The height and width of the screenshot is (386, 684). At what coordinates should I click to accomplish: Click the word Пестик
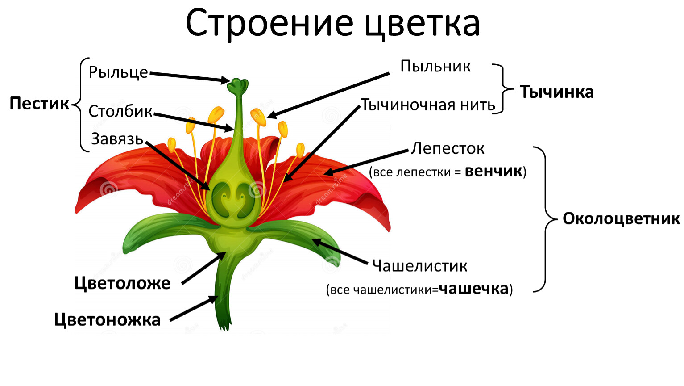pos(39,103)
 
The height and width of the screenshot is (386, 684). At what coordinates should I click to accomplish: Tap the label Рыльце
pos(118,72)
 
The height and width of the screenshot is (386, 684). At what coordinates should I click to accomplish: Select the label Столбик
pos(120,111)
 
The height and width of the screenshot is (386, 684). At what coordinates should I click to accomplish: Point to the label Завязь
pos(117,139)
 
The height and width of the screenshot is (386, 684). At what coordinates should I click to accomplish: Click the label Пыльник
pos(435,66)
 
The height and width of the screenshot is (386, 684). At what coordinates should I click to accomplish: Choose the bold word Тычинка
pos(557,92)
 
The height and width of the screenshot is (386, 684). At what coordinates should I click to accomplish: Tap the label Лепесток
pos(448,148)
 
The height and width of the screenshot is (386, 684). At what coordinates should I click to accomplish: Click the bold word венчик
pos(493,171)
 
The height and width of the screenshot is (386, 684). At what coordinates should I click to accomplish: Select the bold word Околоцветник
pos(621,219)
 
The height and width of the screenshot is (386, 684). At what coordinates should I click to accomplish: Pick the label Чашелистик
pos(419,265)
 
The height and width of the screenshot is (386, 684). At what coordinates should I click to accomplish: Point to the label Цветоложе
pos(122,283)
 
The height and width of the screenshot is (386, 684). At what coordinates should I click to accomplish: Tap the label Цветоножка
pos(107,319)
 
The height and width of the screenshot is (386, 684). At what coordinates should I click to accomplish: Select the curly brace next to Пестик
pos(80,104)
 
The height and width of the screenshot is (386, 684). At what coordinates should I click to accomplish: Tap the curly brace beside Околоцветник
pos(546,219)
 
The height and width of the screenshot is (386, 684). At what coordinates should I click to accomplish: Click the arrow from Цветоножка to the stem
pos(193,308)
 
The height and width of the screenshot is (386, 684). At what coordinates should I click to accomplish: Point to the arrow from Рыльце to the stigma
pos(190,77)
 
